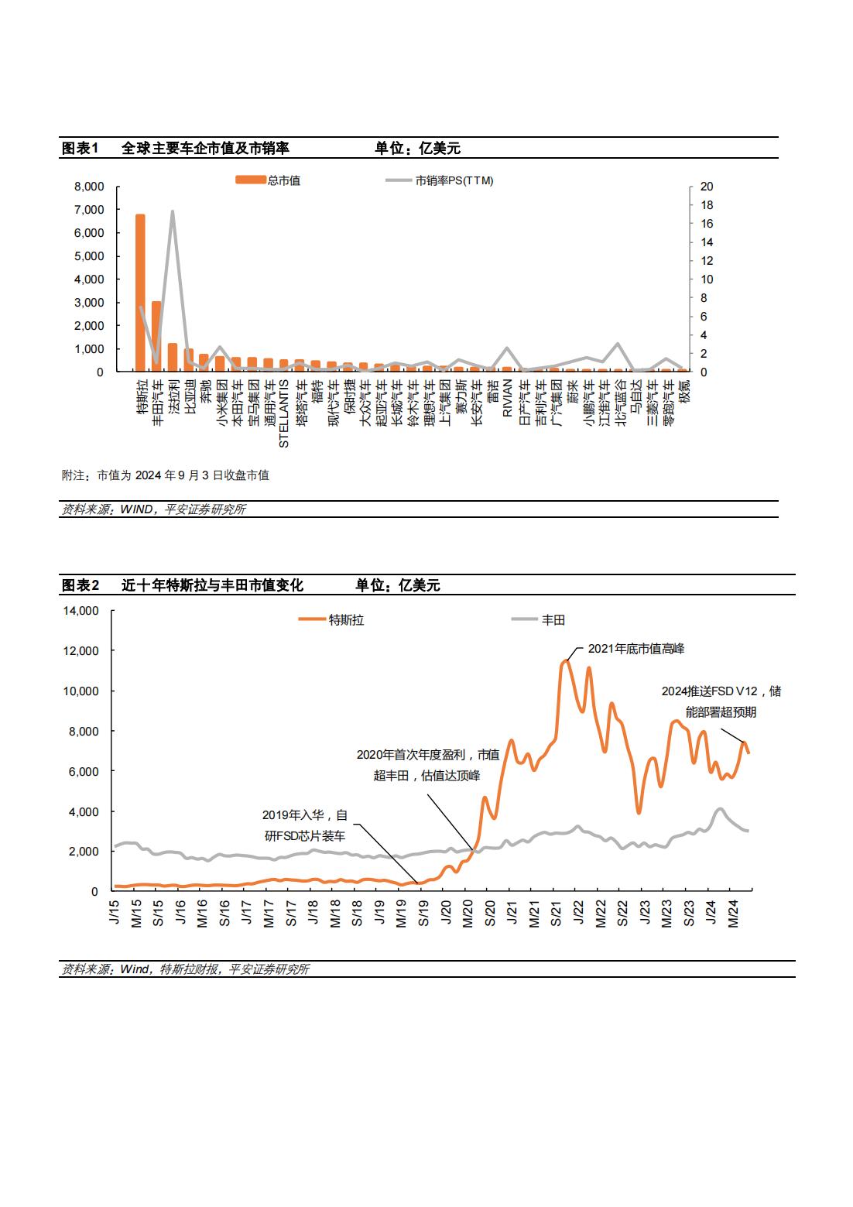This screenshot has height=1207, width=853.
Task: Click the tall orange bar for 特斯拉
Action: (x=140, y=293)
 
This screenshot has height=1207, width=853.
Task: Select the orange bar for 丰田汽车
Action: (x=156, y=336)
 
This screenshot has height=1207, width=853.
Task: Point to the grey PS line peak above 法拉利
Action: (x=173, y=211)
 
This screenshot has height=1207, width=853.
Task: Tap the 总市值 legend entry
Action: (x=268, y=180)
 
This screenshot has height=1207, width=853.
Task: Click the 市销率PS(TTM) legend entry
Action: (x=440, y=180)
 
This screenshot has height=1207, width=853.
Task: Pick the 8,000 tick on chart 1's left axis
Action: (x=89, y=187)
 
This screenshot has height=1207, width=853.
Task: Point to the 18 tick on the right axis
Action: (x=707, y=204)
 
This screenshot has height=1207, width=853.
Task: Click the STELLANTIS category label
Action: (x=284, y=413)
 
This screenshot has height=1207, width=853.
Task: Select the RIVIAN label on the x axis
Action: (x=507, y=398)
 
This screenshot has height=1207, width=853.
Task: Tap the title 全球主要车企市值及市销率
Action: (x=205, y=148)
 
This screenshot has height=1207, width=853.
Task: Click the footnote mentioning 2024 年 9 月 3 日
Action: (x=166, y=475)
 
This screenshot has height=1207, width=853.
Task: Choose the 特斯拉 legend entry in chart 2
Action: (x=331, y=620)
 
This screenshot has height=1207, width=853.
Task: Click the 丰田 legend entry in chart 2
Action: (x=538, y=620)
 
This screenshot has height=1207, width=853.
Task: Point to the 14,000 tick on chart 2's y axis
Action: (x=81, y=611)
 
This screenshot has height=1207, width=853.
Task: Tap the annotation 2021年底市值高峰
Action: (x=635, y=649)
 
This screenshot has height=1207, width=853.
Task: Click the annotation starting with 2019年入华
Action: (x=305, y=825)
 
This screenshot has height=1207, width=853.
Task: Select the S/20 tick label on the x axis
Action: (x=490, y=913)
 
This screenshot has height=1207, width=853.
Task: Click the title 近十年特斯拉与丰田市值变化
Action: (x=212, y=585)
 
